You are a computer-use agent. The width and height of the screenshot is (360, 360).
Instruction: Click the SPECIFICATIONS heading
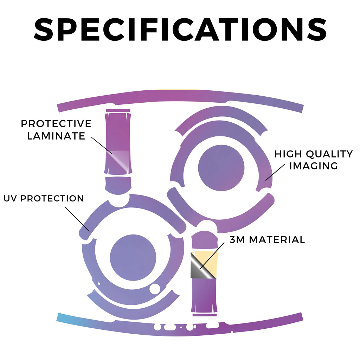pyautogui.click(x=180, y=30)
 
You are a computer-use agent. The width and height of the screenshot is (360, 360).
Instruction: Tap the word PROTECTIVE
pyautogui.click(x=56, y=124)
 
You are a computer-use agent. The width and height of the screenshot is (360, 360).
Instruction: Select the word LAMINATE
pyautogui.click(x=56, y=136)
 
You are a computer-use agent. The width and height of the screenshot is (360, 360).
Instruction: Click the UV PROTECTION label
pyautogui.click(x=44, y=198)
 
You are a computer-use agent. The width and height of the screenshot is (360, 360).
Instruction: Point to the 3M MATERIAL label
pyautogui.click(x=267, y=240)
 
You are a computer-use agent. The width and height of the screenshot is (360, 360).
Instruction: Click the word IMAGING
pyautogui.click(x=313, y=166)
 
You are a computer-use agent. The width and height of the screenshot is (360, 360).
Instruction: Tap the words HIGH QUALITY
pyautogui.click(x=314, y=154)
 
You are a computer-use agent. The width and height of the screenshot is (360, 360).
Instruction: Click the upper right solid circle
pyautogui.click(x=221, y=168)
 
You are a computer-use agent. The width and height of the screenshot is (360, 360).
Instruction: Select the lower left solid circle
pyautogui.click(x=133, y=258)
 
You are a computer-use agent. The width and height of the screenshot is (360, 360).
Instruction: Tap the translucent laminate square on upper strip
pyautogui.click(x=120, y=161)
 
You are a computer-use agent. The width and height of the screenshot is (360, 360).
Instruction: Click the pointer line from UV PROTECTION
pyautogui.click(x=77, y=219)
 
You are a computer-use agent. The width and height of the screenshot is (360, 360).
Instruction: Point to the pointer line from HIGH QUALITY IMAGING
pyautogui.click(x=275, y=172)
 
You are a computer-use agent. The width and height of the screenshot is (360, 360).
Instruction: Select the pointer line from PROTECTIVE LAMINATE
pyautogui.click(x=102, y=145)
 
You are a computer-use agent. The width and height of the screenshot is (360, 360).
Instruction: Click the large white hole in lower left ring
pyautogui.click(x=155, y=289)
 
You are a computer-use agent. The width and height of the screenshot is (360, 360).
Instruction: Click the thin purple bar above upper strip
pyautogui.click(x=118, y=111)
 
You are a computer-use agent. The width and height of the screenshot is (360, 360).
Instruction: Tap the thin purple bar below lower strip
pyautogui.click(x=204, y=315)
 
